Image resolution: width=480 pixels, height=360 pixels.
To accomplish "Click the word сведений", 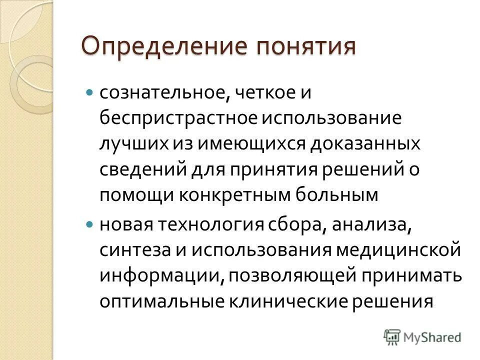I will coord(140,169).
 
